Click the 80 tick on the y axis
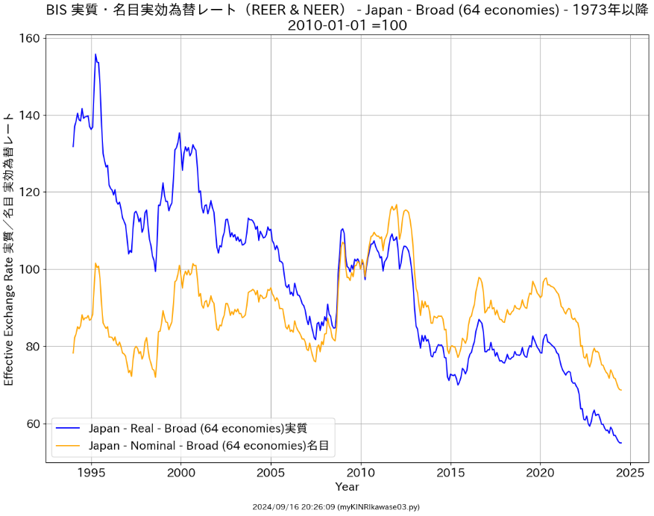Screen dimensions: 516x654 pyautogui.click(x=31, y=347)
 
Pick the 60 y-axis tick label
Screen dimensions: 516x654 pyautogui.click(x=31, y=424)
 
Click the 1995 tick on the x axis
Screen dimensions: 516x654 pyautogui.click(x=92, y=472)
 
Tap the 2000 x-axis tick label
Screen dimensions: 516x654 pyautogui.click(x=181, y=472)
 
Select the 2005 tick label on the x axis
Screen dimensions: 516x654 pyautogui.click(x=271, y=472)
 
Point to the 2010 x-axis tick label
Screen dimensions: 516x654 pyautogui.click(x=361, y=472)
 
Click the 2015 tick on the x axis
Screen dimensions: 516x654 pyautogui.click(x=450, y=472)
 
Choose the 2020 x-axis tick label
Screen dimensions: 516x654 pyautogui.click(x=540, y=472)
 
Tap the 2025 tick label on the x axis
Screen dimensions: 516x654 pyautogui.click(x=630, y=472)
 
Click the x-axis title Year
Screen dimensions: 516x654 pyautogui.click(x=347, y=487)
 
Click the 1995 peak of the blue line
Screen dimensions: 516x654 pyautogui.click(x=95, y=54)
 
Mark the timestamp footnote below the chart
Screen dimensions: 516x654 pyautogui.click(x=336, y=507)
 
